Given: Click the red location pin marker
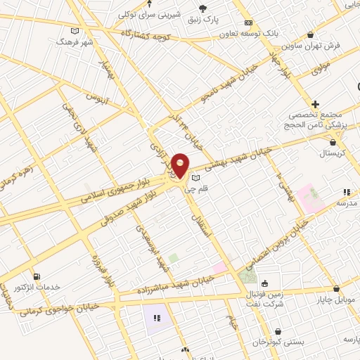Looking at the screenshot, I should [180, 166].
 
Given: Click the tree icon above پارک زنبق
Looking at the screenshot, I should [203, 8].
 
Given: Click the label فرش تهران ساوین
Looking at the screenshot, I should [313, 45].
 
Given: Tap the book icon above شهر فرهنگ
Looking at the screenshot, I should [75, 31].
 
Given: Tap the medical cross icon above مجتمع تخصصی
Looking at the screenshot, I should [316, 104].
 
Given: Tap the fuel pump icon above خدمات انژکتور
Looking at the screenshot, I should [37, 276].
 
